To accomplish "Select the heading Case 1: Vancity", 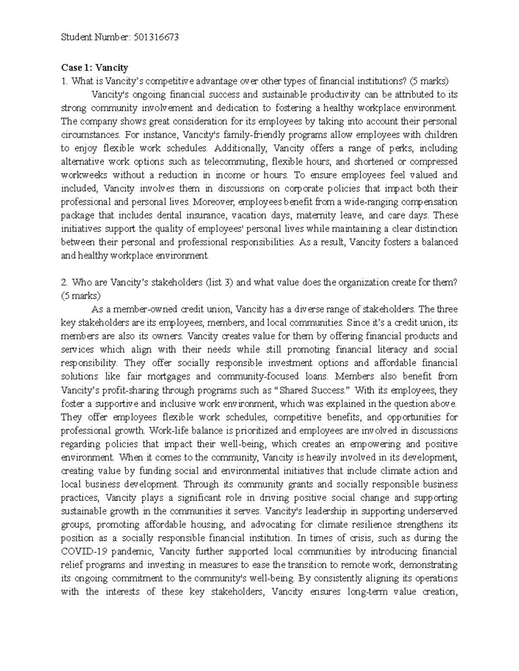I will tap(94, 67).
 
